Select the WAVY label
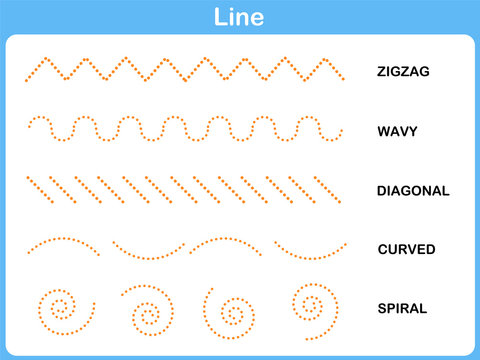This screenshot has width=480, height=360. coord(397,131)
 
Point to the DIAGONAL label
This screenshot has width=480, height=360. coord(413,190)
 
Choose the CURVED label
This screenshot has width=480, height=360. coord(406,249)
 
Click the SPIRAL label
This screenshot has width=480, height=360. coord(402,308)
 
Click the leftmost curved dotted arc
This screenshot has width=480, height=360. coord(61,243)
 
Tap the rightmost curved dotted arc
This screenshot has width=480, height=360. coord(310,251)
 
